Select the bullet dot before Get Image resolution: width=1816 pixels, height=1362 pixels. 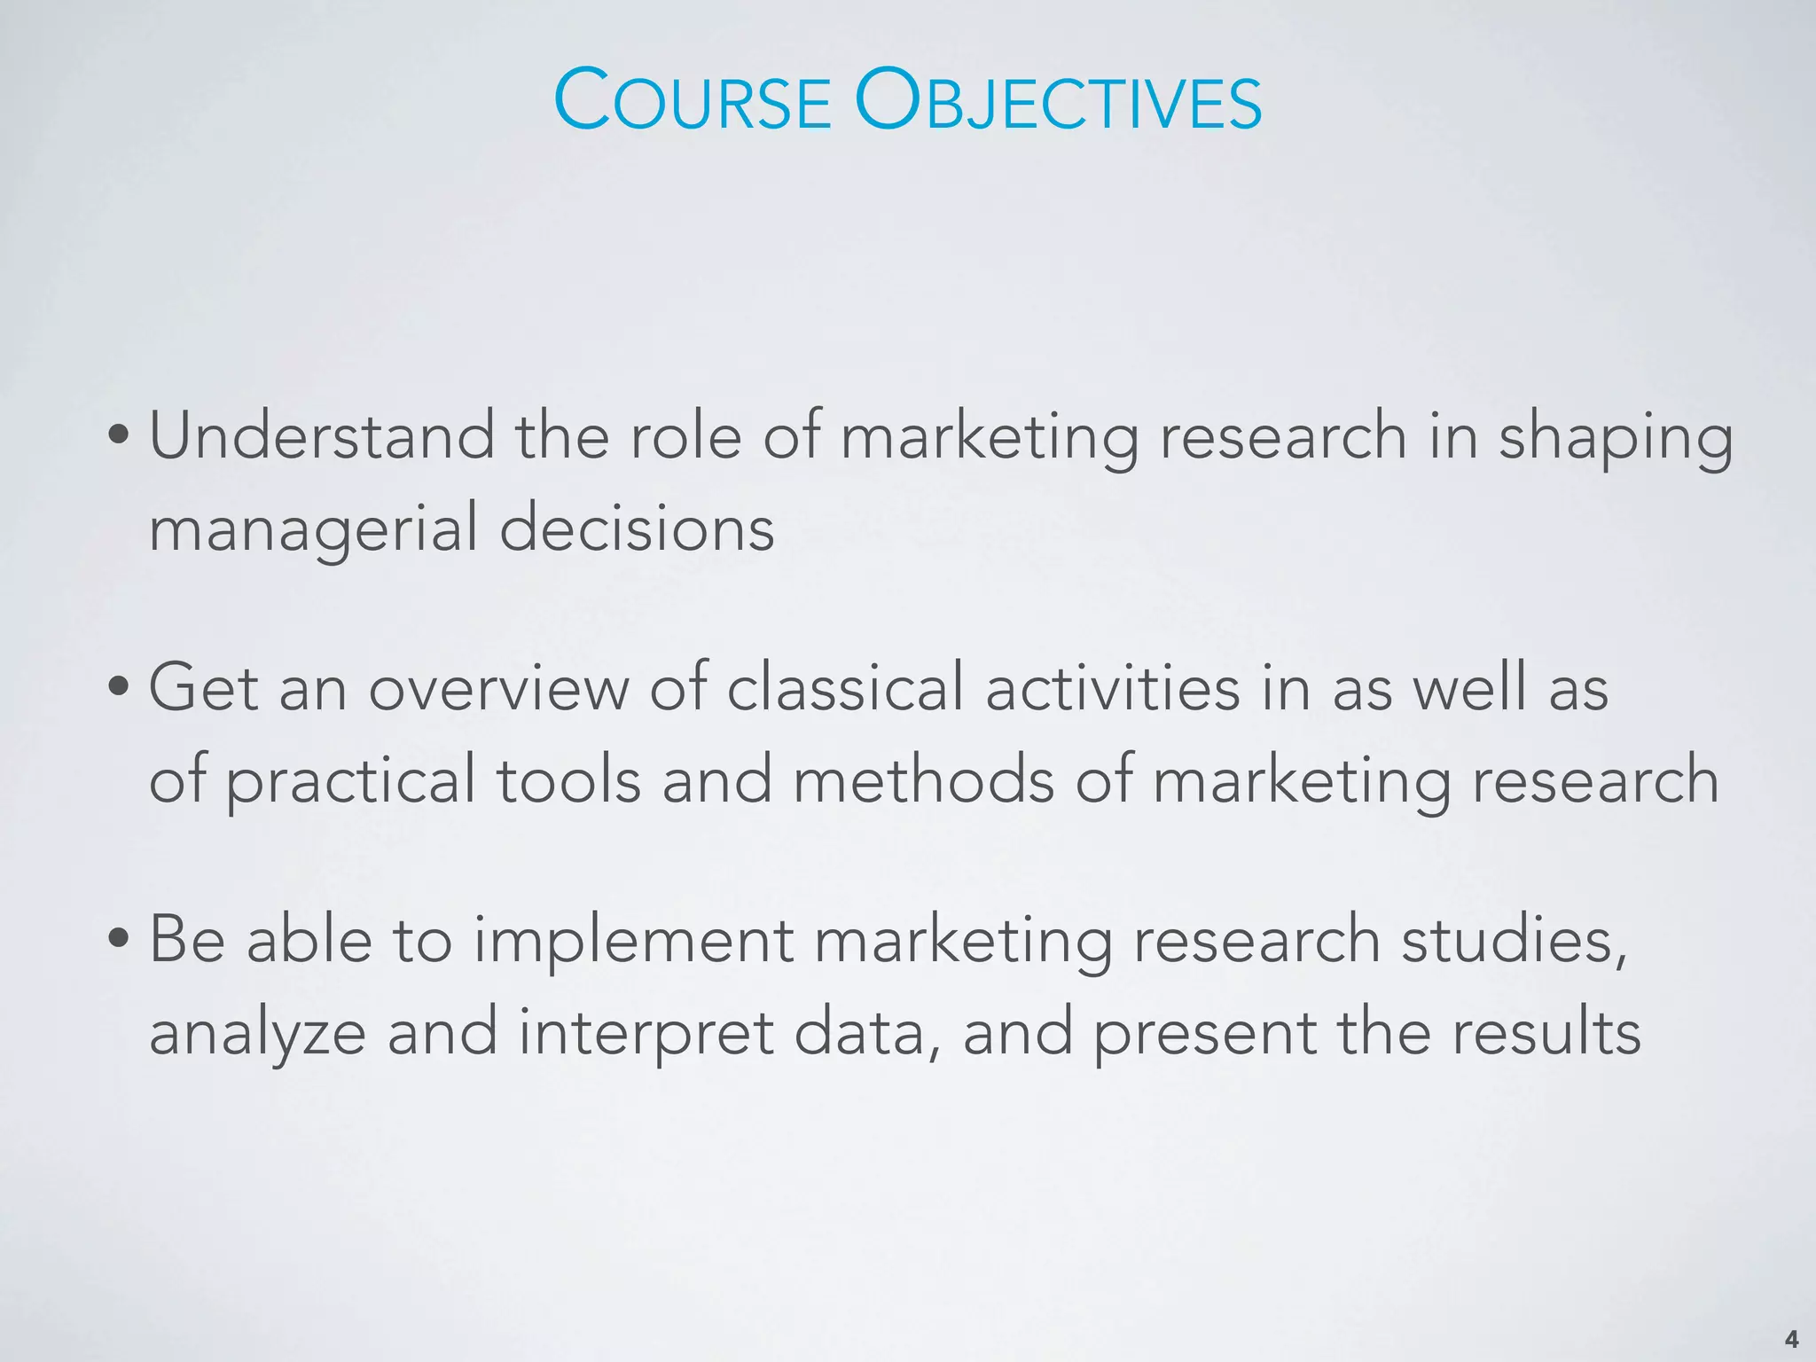(119, 688)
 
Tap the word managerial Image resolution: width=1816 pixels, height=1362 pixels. (313, 529)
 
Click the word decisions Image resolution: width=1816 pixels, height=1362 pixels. (637, 529)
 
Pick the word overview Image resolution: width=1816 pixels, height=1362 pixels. (498, 688)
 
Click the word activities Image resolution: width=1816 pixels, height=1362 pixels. (1113, 688)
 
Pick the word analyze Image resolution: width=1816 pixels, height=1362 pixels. (257, 1034)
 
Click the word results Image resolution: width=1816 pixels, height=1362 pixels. (1545, 1032)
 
